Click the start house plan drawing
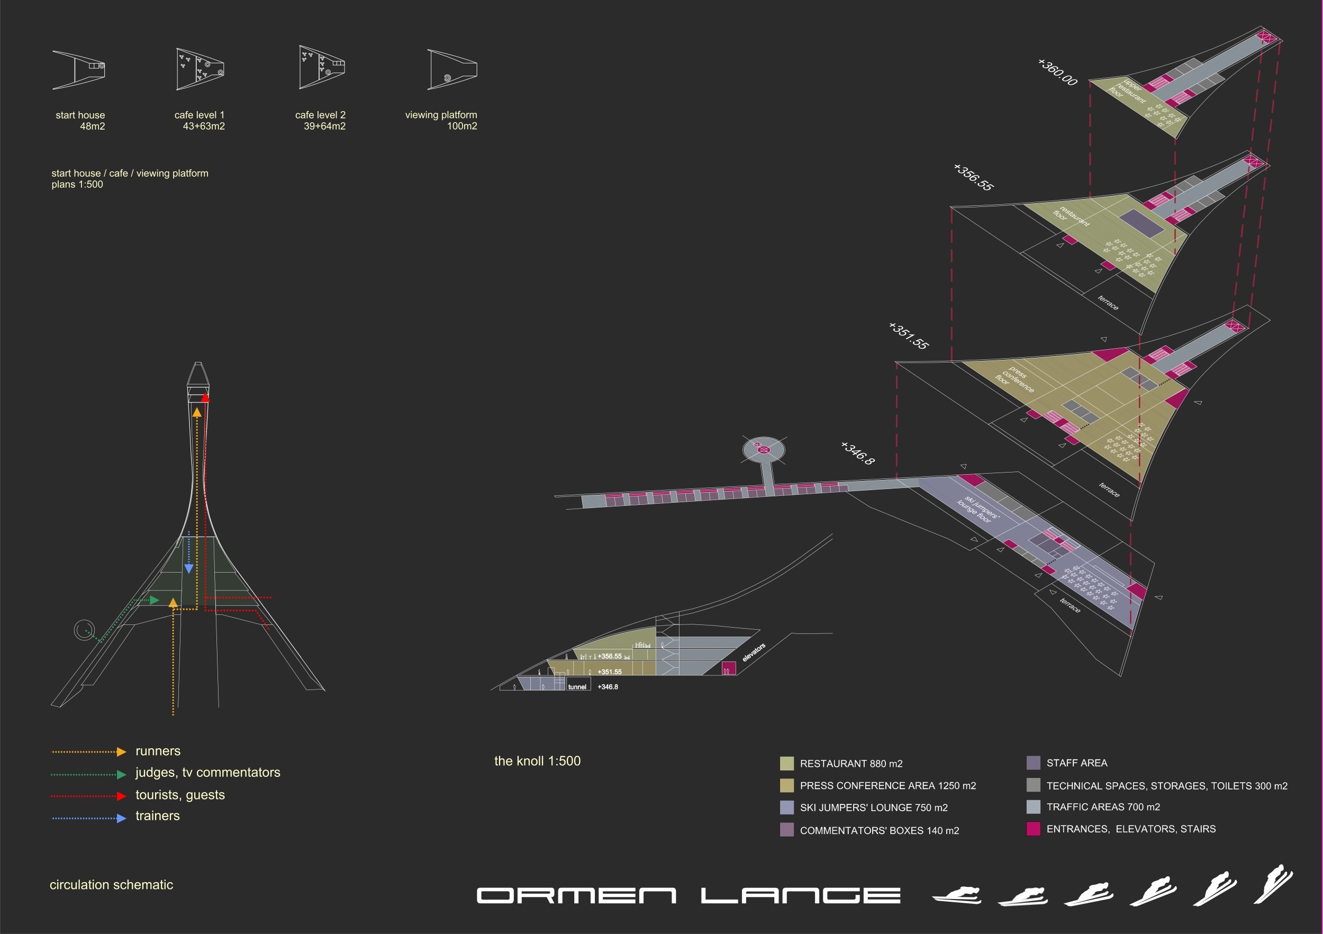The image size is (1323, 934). point(79,70)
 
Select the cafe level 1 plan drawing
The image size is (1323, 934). point(200,69)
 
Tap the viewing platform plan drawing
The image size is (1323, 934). point(452,69)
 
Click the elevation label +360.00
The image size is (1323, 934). point(1057,72)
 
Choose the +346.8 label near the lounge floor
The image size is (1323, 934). point(857,453)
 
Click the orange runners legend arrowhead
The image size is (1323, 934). point(121,752)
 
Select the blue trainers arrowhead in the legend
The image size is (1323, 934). point(121,818)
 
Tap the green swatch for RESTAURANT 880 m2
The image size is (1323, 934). point(786,764)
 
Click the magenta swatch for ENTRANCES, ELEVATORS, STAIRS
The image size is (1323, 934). point(1033,829)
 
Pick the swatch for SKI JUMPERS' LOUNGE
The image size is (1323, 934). point(786,807)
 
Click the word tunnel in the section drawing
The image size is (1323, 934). point(577,687)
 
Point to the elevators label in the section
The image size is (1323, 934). point(754,652)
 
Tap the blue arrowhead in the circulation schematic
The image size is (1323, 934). point(188,569)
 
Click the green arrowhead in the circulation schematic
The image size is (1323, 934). point(155,601)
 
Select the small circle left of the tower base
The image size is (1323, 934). point(84,630)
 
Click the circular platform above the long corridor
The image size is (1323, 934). point(764,449)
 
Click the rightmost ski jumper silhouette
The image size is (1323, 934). point(1273,885)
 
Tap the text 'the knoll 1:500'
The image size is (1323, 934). point(537,761)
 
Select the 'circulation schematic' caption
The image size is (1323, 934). point(111,885)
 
